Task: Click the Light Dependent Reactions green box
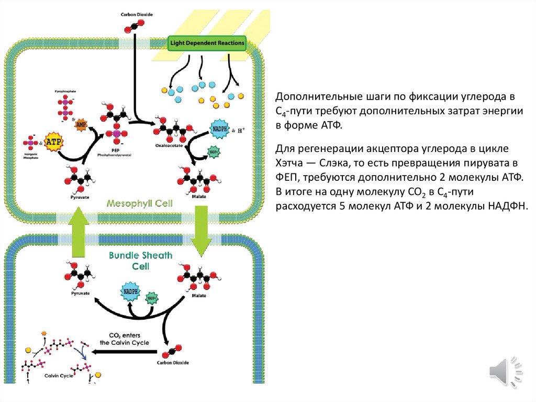point(207,44)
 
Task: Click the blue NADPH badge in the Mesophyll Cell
point(220,129)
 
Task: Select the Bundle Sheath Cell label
point(133,260)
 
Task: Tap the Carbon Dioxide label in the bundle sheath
point(173,363)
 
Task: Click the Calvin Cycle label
point(59,376)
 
